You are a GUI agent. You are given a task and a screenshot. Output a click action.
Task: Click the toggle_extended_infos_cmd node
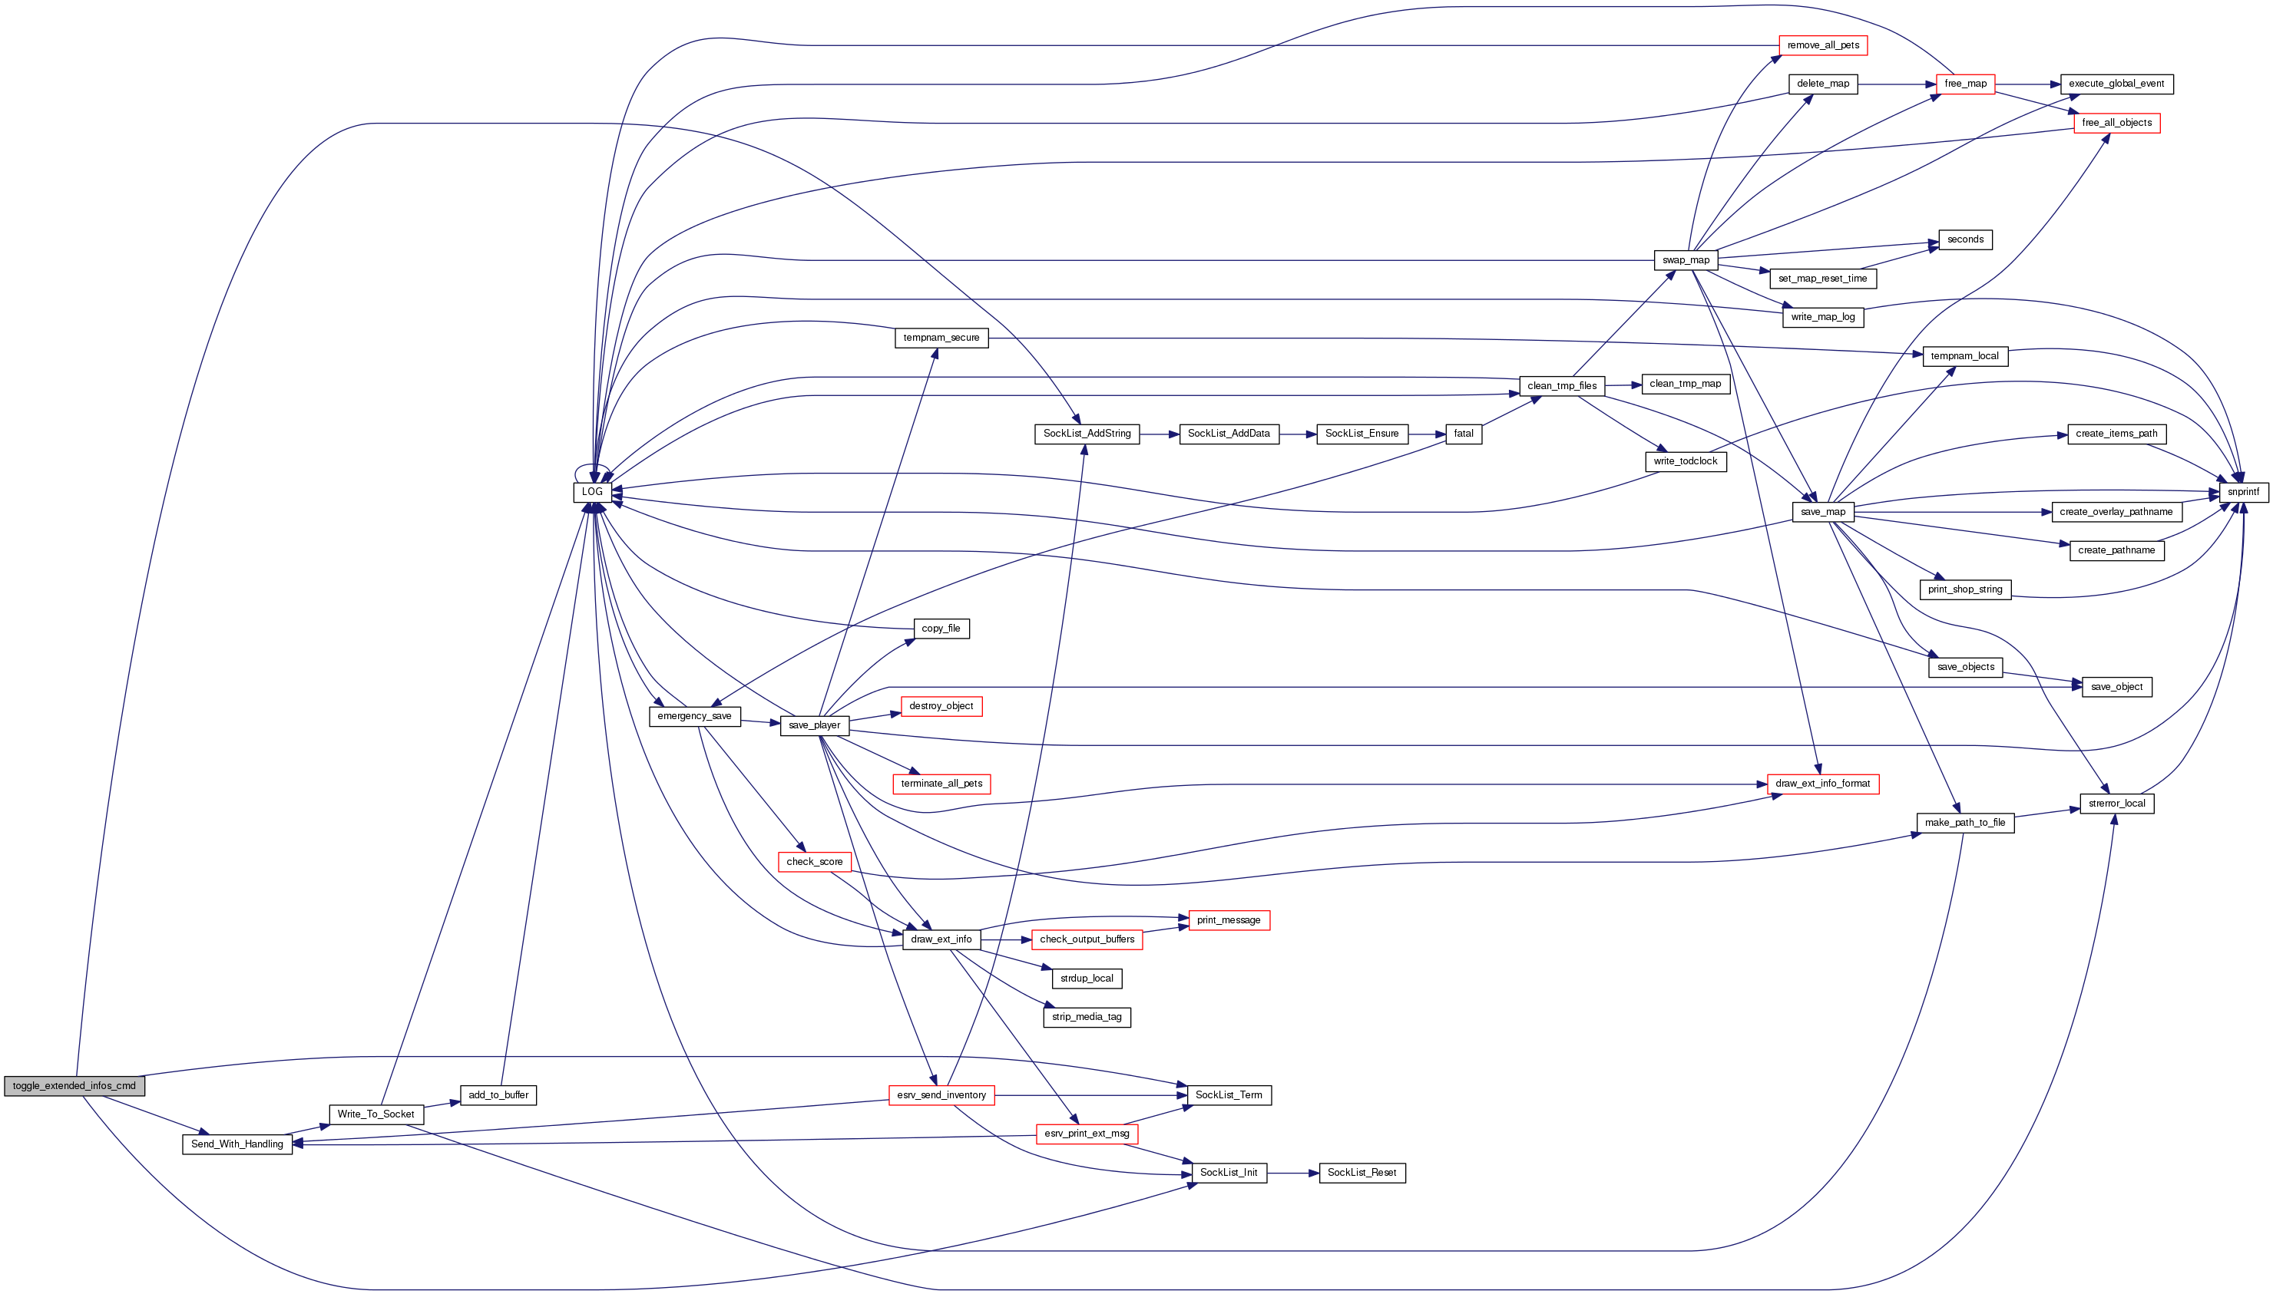(74, 1086)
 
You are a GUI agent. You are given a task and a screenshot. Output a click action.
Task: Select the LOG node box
(592, 491)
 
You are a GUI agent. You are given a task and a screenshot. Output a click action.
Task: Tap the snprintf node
(2243, 491)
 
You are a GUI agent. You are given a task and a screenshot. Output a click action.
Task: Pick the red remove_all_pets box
(1822, 45)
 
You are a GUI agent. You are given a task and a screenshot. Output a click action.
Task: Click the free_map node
(1965, 84)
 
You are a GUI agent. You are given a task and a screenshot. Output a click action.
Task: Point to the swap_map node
(1686, 260)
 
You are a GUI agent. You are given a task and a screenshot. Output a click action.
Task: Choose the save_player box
(814, 725)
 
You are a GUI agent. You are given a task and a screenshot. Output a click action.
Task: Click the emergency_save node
(694, 716)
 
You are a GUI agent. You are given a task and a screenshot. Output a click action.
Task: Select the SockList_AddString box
(1087, 434)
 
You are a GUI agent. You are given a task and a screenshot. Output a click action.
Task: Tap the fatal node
(1463, 434)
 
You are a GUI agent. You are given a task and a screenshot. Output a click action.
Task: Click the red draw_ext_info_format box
(1822, 784)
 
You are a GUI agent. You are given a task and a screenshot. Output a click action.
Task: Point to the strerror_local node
(2116, 804)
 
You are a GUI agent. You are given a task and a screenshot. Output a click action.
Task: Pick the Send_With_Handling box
(237, 1144)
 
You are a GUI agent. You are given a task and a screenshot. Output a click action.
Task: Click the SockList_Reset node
(1361, 1174)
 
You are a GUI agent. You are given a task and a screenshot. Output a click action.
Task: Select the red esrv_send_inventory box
(941, 1095)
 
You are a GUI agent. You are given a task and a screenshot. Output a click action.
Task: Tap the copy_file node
(941, 629)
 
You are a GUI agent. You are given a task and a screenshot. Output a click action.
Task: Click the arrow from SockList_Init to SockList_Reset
(1292, 1174)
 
